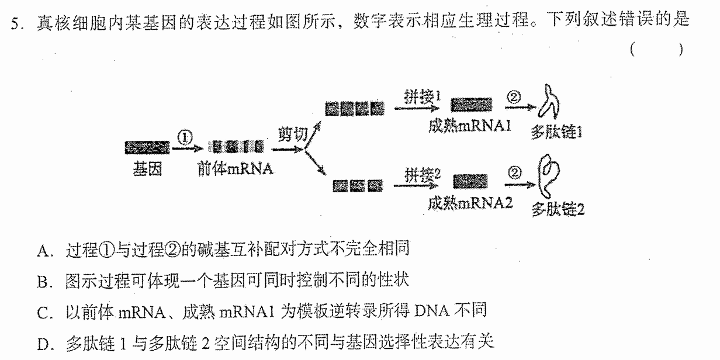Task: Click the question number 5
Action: point(15,23)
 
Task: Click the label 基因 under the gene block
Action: point(147,169)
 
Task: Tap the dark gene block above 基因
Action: point(147,147)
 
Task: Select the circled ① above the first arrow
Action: point(185,137)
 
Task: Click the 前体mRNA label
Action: point(236,169)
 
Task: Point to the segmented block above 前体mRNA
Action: point(236,147)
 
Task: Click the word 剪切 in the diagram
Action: point(293,134)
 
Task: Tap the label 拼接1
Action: point(422,97)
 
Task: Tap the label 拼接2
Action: point(423,175)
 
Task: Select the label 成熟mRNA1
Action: point(470,126)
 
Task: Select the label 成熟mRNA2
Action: point(470,203)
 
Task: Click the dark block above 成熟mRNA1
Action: point(471,105)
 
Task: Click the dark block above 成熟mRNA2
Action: point(470,182)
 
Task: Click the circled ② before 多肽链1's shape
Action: point(513,98)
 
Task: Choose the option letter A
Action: point(43,251)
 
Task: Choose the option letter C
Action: point(43,313)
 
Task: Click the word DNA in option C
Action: point(432,311)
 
